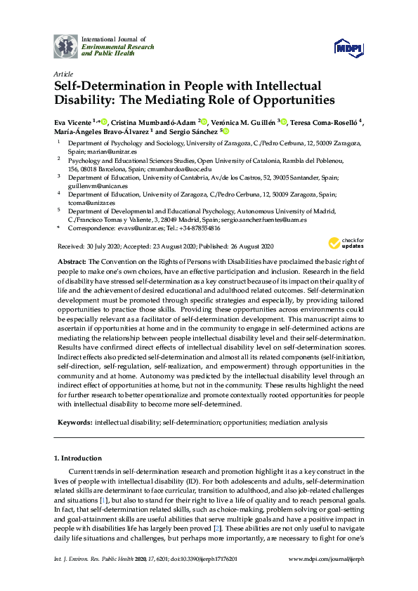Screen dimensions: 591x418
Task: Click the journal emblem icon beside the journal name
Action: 66,46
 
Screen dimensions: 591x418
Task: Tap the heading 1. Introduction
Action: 82,458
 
